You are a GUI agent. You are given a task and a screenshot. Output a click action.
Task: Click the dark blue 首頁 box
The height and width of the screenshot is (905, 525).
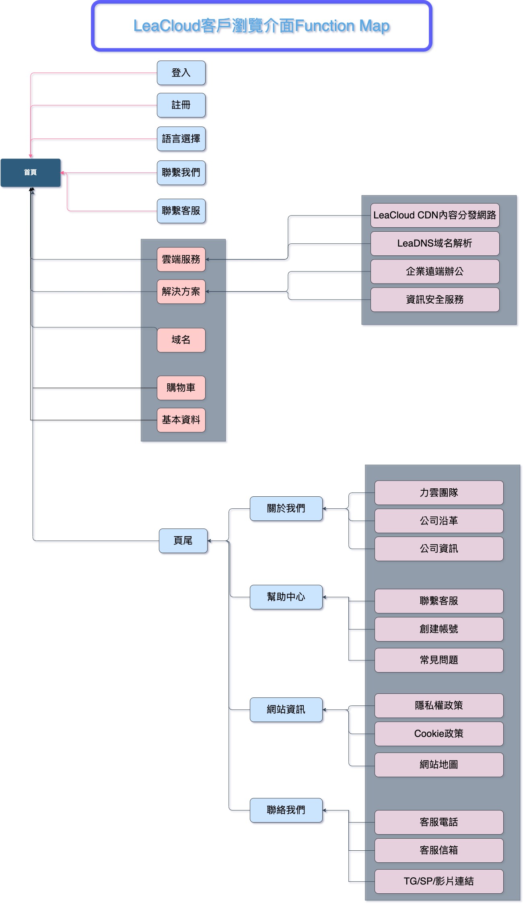31,173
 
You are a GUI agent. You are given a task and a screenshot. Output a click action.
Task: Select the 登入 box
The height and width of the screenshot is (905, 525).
181,73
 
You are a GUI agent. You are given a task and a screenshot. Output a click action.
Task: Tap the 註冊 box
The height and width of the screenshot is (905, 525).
181,105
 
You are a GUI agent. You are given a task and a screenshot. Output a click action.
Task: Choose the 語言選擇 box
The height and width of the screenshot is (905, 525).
181,139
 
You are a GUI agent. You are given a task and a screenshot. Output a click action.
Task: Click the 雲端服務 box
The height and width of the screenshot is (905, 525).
181,259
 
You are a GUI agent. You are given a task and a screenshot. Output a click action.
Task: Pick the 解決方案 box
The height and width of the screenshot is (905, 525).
181,292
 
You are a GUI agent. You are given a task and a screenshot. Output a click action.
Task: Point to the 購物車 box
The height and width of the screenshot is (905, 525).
181,388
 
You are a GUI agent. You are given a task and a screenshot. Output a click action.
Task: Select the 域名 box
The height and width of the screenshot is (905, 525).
181,340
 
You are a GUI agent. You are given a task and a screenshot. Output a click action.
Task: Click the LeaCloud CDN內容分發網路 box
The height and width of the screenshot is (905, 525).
434,215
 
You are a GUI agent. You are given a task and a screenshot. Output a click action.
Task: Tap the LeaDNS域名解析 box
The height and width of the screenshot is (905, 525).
434,243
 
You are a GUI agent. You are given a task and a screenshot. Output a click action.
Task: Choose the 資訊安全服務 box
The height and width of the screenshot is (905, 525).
434,300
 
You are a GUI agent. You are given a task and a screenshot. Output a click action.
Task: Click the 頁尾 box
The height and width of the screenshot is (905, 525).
183,541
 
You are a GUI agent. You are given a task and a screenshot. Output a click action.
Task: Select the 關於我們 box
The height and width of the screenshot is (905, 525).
286,508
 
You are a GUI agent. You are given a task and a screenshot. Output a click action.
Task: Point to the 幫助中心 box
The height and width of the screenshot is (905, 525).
286,597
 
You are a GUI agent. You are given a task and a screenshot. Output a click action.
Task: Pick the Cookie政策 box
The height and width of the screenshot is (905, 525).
439,734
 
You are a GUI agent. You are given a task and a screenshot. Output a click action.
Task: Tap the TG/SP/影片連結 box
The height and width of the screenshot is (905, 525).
439,881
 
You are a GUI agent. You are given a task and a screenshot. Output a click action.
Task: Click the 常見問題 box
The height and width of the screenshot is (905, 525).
439,660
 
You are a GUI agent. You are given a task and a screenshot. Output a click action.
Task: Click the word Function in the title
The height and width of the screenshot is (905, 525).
325,26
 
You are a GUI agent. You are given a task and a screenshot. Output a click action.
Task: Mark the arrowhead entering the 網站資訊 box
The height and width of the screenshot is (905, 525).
324,710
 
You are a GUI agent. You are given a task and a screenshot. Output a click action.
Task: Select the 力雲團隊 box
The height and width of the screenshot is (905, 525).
439,493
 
